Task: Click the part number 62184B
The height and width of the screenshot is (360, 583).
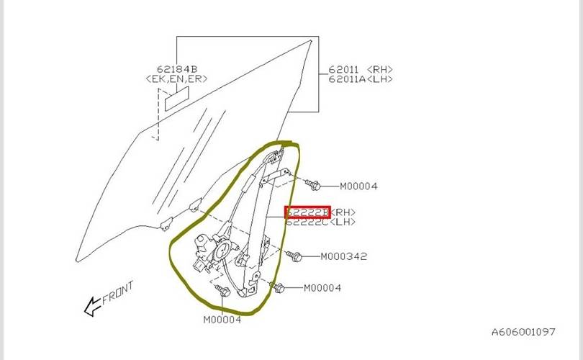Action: click(167, 69)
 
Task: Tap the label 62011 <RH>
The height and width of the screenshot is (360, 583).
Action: click(361, 69)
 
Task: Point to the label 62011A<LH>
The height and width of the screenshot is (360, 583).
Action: click(361, 78)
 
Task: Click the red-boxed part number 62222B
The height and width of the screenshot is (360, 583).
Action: click(307, 212)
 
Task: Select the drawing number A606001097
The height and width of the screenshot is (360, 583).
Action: click(523, 332)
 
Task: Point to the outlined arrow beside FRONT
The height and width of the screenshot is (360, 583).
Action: click(93, 308)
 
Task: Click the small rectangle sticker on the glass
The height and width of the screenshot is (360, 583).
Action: click(176, 99)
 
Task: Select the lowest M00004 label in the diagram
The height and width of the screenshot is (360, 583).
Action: click(222, 320)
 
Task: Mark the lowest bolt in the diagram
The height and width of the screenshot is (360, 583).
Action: click(222, 291)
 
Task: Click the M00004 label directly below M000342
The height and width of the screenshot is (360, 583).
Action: click(322, 288)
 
